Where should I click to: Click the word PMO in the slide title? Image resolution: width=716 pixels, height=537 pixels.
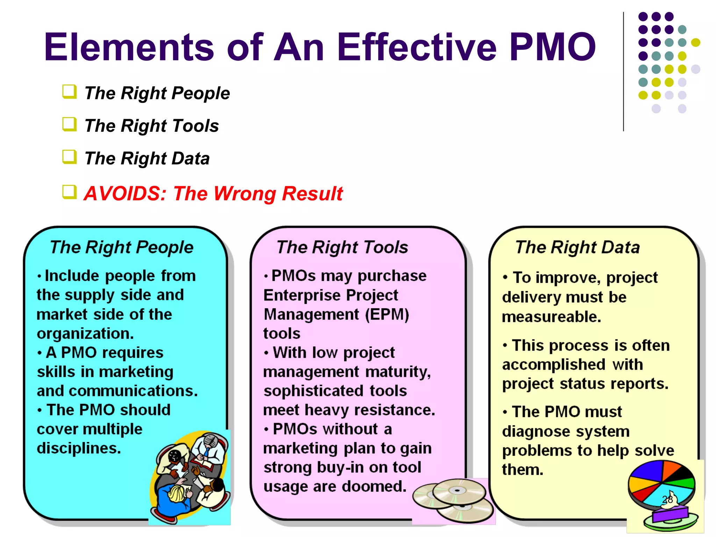tap(552, 47)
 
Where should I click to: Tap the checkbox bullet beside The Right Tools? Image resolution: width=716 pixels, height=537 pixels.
tap(70, 124)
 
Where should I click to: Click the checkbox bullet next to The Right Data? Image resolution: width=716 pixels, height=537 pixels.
tap(70, 157)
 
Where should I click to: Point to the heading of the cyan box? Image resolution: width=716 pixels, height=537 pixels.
tap(121, 247)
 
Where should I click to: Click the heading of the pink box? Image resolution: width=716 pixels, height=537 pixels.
tap(342, 247)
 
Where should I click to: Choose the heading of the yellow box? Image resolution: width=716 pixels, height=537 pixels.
tap(577, 247)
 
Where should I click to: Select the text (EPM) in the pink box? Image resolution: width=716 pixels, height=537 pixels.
tap(387, 314)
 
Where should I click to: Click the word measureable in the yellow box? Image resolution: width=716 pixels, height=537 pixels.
tap(551, 317)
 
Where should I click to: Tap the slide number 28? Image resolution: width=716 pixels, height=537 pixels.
tap(667, 500)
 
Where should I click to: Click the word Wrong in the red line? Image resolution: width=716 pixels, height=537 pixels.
tap(244, 194)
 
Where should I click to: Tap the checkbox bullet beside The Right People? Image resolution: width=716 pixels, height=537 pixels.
tap(70, 92)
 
